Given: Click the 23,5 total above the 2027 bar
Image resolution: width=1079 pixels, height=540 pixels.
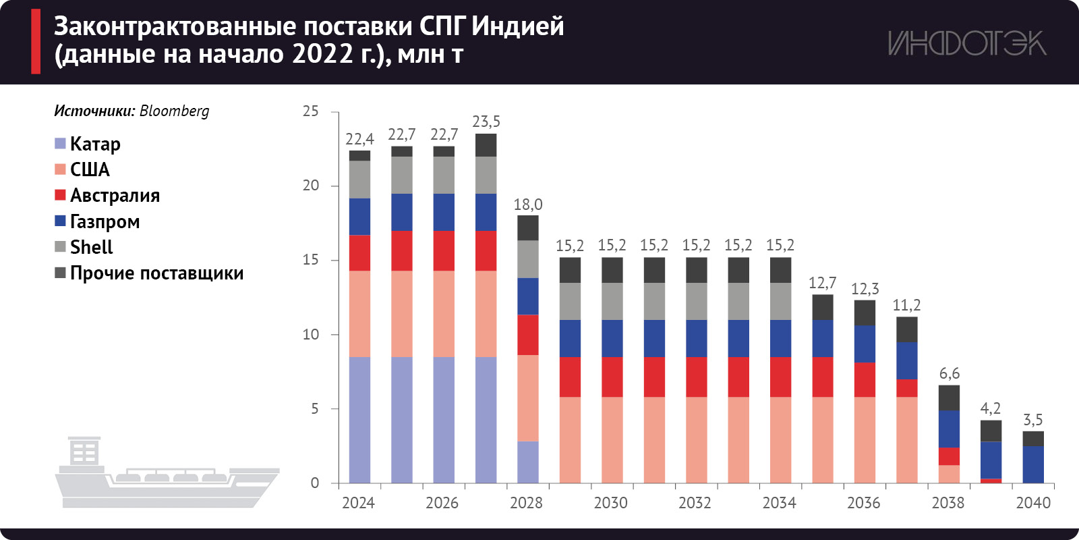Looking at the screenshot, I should tap(486, 122).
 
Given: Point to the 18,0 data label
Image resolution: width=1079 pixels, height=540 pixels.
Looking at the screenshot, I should tap(527, 205).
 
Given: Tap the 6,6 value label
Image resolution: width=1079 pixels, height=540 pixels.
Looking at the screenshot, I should tap(949, 373).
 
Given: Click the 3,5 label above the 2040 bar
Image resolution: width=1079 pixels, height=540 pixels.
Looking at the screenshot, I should tap(1032, 420).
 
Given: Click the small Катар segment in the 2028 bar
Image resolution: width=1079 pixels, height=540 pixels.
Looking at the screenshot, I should tap(528, 462).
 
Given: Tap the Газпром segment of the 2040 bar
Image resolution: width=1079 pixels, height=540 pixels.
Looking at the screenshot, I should tap(1032, 464).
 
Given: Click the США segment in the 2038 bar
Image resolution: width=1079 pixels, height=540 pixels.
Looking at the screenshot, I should tap(949, 474).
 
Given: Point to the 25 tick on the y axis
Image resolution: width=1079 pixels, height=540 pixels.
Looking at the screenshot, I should tap(310, 111).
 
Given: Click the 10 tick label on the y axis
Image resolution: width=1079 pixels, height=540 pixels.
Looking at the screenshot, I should tap(310, 334).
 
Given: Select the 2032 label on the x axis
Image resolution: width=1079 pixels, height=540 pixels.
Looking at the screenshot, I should tap(695, 503).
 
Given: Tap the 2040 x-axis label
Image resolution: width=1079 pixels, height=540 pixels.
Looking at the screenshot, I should tap(1032, 503).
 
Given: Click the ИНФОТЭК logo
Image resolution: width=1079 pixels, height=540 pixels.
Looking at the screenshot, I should tap(966, 43).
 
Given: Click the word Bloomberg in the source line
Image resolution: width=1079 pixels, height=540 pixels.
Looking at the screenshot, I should tap(174, 111).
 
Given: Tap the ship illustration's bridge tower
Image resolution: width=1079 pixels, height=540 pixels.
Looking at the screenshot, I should tap(84, 451).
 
